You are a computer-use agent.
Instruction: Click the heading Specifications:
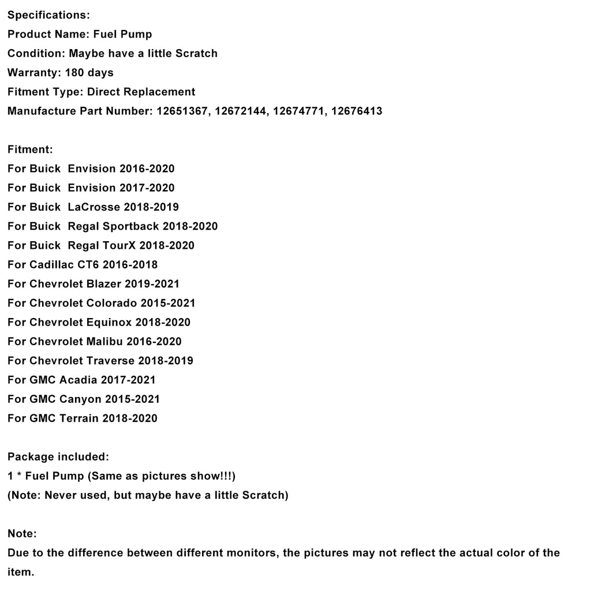pos(48,15)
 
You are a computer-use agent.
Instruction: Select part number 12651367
pos(182,111)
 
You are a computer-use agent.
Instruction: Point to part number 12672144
pos(240,111)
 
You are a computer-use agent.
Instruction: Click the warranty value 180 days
pos(89,73)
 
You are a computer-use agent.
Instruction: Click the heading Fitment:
pos(30,149)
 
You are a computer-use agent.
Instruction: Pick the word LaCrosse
pos(94,207)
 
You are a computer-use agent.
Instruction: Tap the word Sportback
pos(131,226)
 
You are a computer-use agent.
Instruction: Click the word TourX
pos(119,245)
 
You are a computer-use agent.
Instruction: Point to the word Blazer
pos(104,284)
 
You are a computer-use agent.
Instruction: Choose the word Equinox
pos(109,322)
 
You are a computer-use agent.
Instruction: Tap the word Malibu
pos(104,342)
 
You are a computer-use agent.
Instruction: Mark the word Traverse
pos(110,361)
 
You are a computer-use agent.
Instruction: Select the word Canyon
pos(80,399)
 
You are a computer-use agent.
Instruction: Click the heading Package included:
pos(58,457)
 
